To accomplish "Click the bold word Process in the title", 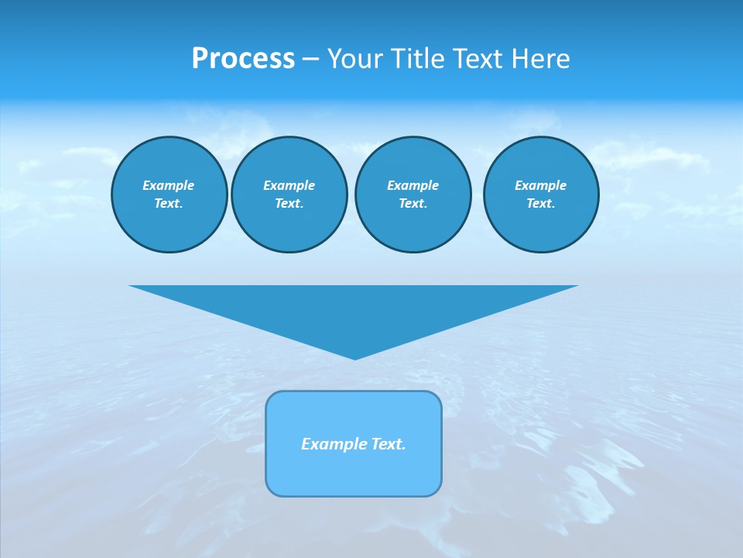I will (x=243, y=59).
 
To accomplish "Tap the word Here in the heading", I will (x=539, y=59).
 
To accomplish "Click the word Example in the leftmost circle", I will (x=169, y=185).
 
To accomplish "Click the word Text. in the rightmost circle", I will (x=540, y=203).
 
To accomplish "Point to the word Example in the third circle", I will (x=413, y=185).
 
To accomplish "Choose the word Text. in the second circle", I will (x=289, y=203).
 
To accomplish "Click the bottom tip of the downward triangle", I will (x=354, y=357).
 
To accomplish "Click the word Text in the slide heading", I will (x=479, y=59).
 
